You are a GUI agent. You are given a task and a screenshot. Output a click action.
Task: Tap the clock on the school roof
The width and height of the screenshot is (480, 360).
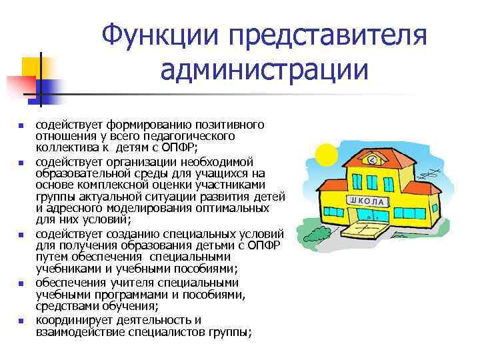[x=372, y=161]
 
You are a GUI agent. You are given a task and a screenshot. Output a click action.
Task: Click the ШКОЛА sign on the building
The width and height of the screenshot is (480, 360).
[x=365, y=201]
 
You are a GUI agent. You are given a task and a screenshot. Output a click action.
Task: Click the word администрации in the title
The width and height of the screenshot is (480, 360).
[x=265, y=69]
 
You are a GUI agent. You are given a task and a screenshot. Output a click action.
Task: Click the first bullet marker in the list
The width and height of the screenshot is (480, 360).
[x=21, y=125]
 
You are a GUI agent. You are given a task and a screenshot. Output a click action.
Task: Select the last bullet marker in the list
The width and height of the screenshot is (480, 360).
[x=21, y=321]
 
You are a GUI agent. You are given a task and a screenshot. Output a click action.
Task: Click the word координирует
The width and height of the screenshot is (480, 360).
[x=73, y=321]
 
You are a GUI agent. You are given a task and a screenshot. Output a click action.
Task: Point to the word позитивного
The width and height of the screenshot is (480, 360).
[x=232, y=125]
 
